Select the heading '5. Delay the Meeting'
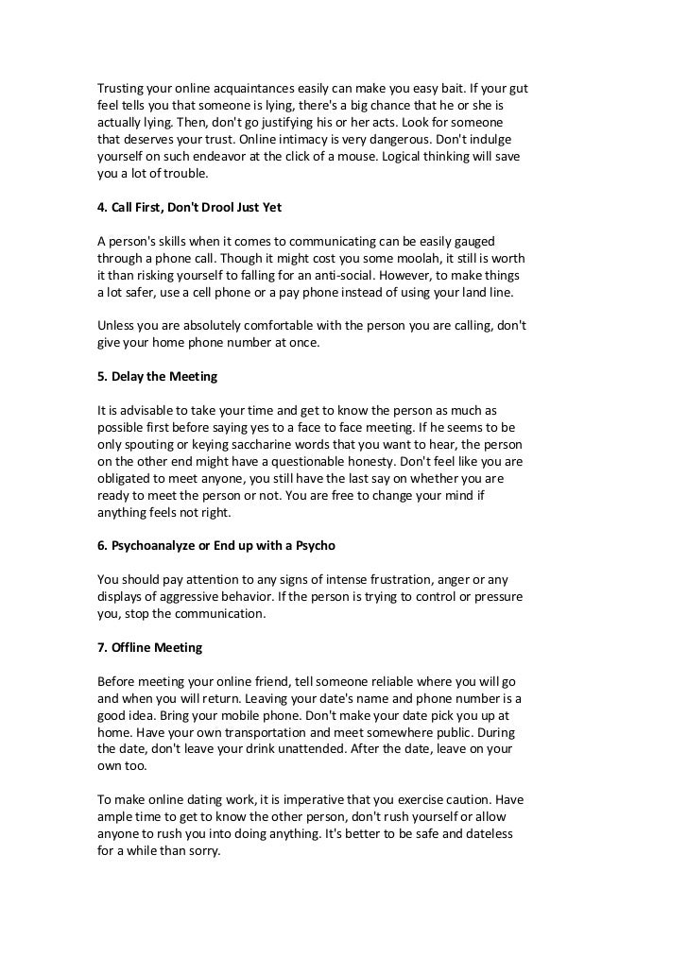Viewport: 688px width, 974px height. click(158, 377)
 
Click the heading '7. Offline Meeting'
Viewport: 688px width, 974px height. click(151, 649)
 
